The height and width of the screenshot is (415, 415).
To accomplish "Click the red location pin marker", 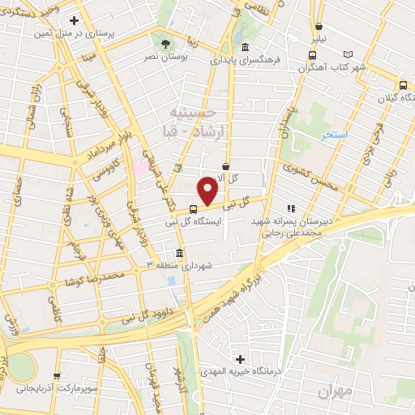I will coord(208,190).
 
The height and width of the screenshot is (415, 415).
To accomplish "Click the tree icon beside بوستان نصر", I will coord(165,43).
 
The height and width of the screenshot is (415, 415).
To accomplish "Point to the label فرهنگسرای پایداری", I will coord(243,59).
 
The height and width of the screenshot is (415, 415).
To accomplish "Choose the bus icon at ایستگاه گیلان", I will coord(403,85).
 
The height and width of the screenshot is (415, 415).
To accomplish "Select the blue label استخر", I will coord(334,134).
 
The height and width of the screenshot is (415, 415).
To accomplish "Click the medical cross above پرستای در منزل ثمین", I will coord(75,20).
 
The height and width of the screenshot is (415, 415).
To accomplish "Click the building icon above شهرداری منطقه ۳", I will coord(179,251).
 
